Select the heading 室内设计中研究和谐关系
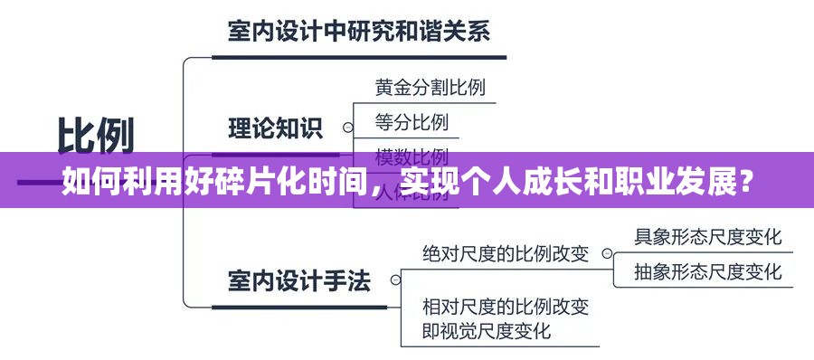(358, 33)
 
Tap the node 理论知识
(275, 128)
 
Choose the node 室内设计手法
(299, 280)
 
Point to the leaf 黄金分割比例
(430, 88)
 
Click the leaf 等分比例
(412, 120)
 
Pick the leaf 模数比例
(412, 153)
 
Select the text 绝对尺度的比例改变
(506, 254)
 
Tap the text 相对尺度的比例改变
(506, 306)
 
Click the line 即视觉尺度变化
(487, 331)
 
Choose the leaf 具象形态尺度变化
(707, 237)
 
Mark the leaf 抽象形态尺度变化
(707, 270)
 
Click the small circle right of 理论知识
(344, 128)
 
